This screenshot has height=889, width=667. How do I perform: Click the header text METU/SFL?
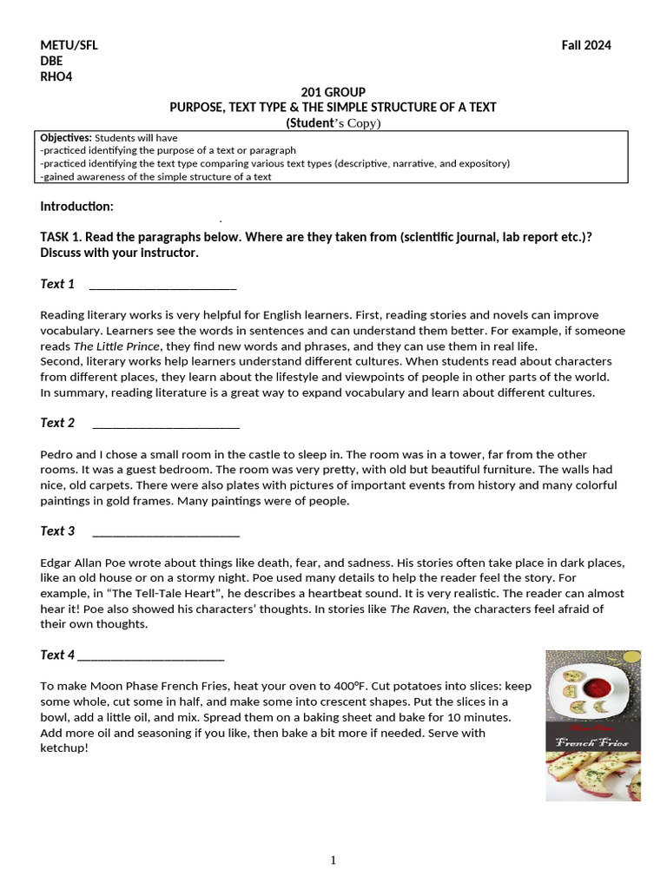click(69, 46)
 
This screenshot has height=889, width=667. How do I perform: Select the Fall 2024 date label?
click(586, 46)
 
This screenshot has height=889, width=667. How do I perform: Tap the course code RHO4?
click(56, 76)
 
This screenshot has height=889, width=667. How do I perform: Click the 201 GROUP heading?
click(333, 92)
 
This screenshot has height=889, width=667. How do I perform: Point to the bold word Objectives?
click(66, 138)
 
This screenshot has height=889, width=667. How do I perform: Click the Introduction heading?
click(76, 207)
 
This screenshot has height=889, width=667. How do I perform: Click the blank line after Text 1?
click(163, 286)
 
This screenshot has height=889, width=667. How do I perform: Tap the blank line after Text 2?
click(165, 425)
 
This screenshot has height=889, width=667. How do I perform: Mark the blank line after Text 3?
click(165, 532)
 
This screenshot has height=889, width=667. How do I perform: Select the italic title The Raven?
click(412, 609)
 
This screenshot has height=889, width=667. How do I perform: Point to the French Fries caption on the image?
click(593, 741)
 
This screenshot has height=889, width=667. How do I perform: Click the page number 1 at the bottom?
click(333, 860)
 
